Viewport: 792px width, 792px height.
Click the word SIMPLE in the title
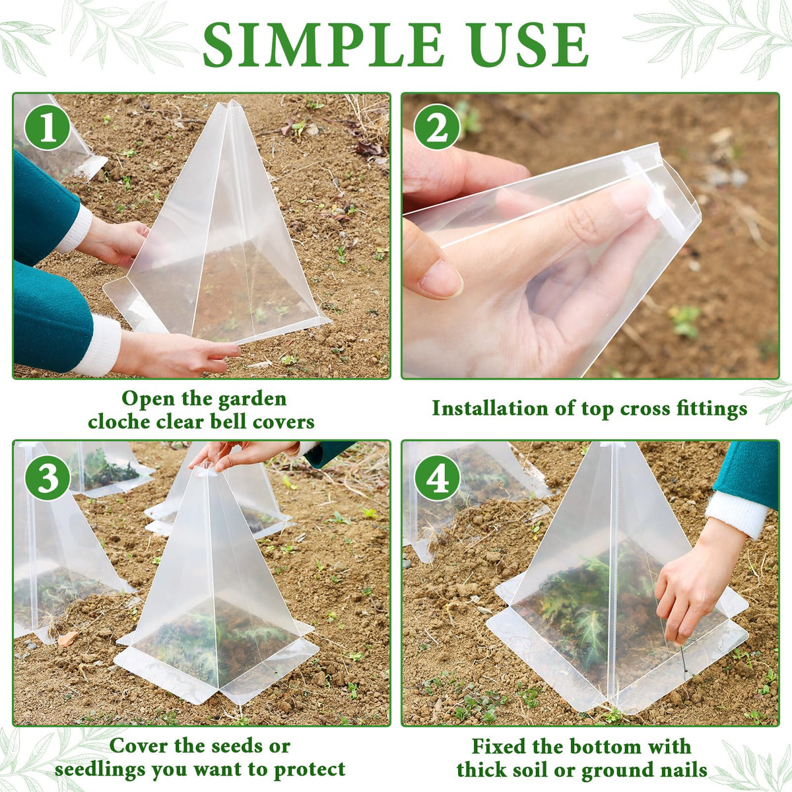(x=323, y=45)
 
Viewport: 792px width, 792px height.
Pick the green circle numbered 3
(x=48, y=478)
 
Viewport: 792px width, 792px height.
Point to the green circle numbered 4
(x=436, y=478)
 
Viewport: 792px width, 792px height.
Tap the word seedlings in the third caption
(x=100, y=770)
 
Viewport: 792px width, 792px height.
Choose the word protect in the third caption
(x=310, y=770)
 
